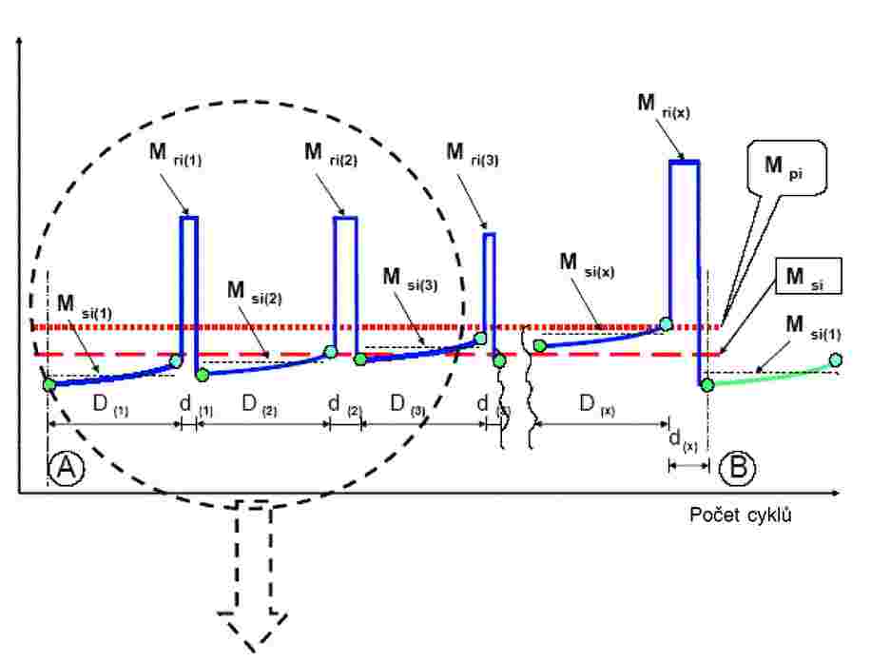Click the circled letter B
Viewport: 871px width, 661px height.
point(736,467)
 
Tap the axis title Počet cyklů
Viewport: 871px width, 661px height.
point(742,516)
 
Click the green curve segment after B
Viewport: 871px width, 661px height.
point(770,376)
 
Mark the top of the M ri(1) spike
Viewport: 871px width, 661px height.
point(189,218)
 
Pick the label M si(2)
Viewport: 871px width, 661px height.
point(254,292)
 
